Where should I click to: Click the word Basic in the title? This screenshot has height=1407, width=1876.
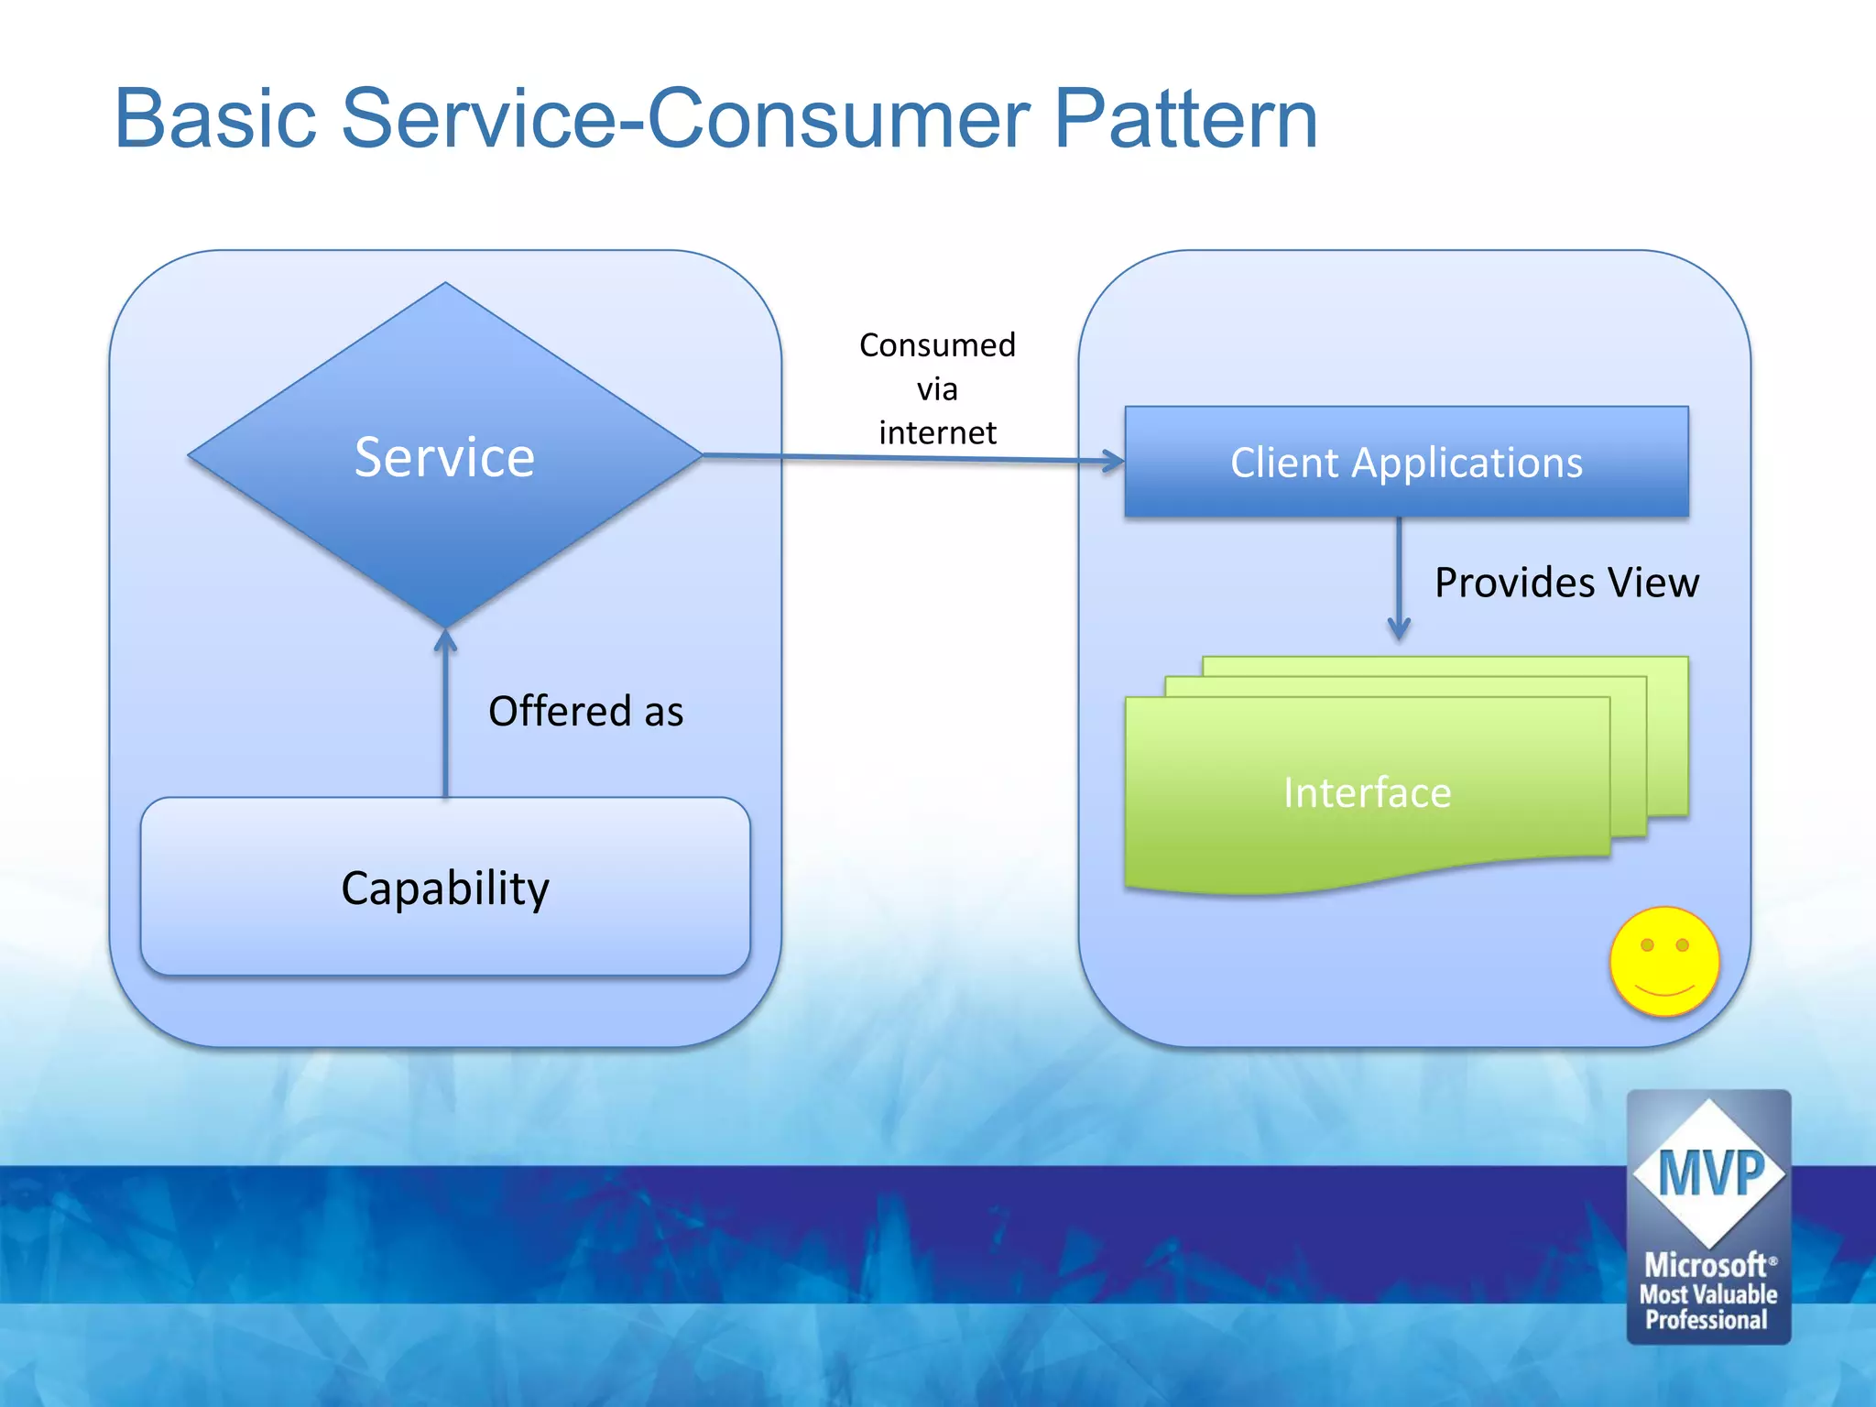pyautogui.click(x=215, y=119)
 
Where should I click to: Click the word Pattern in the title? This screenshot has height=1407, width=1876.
pyautogui.click(x=1185, y=119)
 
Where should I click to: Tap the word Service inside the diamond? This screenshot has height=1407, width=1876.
pyautogui.click(x=444, y=457)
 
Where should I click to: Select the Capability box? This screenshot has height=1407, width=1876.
pyautogui.click(x=445, y=887)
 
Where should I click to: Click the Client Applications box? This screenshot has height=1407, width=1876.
pyautogui.click(x=1406, y=463)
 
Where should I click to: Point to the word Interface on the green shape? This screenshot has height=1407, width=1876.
pyautogui.click(x=1367, y=792)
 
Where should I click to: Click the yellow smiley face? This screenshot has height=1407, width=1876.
pyautogui.click(x=1664, y=962)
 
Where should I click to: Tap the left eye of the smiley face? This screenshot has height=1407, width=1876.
pyautogui.click(x=1647, y=944)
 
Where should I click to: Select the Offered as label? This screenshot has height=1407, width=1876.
pyautogui.click(x=585, y=712)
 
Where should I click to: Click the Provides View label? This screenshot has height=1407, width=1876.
pyautogui.click(x=1566, y=583)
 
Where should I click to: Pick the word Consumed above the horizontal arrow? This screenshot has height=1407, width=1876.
pyautogui.click(x=937, y=345)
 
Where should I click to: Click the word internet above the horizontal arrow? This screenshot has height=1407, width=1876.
pyautogui.click(x=937, y=432)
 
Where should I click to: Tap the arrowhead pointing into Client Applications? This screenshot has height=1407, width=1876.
pyautogui.click(x=1114, y=460)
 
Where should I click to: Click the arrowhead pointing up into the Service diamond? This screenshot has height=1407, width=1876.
pyautogui.click(x=445, y=638)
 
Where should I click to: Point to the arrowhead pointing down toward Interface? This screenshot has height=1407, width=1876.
pyautogui.click(x=1399, y=629)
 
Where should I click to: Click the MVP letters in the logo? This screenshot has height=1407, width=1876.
pyautogui.click(x=1710, y=1172)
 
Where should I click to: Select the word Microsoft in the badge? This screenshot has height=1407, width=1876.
pyautogui.click(x=1706, y=1265)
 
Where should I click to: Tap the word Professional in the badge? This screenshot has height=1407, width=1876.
pyautogui.click(x=1707, y=1320)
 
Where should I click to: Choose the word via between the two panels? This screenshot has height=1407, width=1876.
pyautogui.click(x=937, y=389)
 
